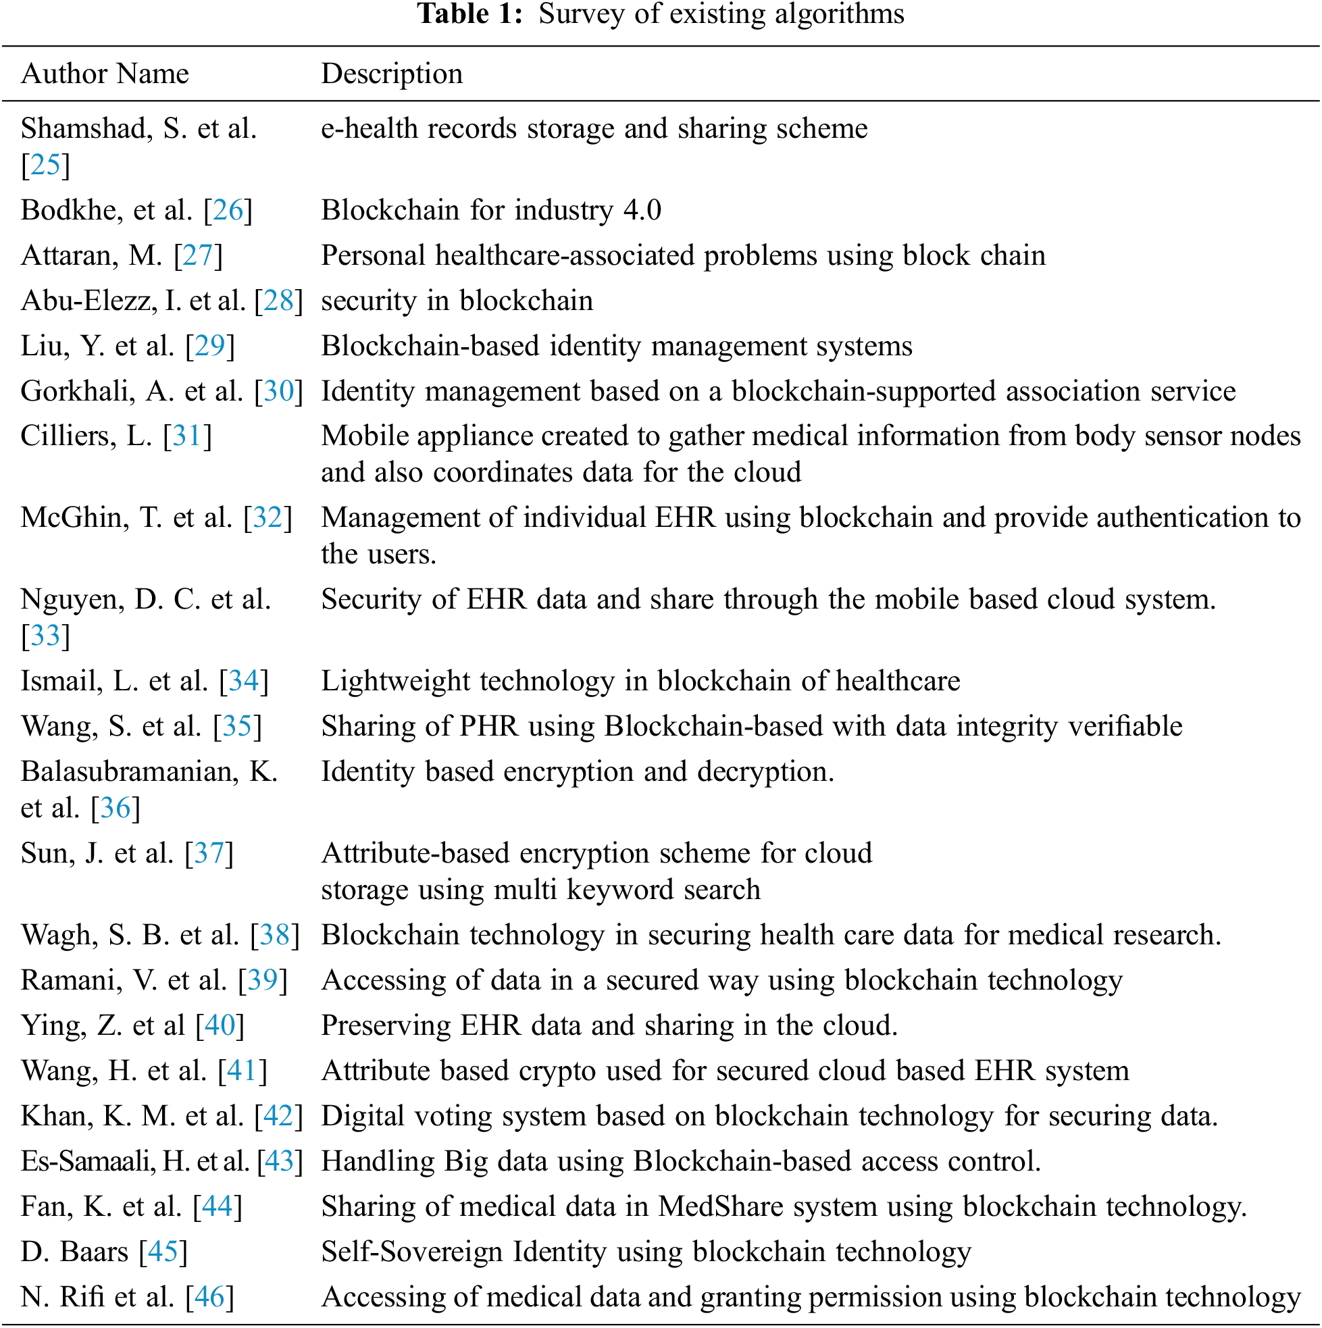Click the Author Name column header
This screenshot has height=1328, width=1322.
pos(105,74)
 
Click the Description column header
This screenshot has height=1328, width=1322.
pos(392,74)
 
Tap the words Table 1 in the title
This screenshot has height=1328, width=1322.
pos(471,14)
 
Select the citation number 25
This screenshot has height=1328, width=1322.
pos(45,165)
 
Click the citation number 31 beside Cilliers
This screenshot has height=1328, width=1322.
pos(187,436)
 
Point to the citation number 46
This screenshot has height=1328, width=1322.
pos(209,1297)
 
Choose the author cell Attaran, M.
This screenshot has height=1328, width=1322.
pos(91,255)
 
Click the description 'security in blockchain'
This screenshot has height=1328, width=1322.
pos(457,301)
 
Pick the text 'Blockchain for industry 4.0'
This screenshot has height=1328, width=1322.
pos(491,209)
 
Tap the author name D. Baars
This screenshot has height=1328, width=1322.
pos(74,1252)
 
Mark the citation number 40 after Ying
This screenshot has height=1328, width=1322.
pos(220,1025)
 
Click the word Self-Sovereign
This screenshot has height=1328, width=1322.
pos(412,1252)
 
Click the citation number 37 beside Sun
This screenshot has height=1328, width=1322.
pos(209,853)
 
